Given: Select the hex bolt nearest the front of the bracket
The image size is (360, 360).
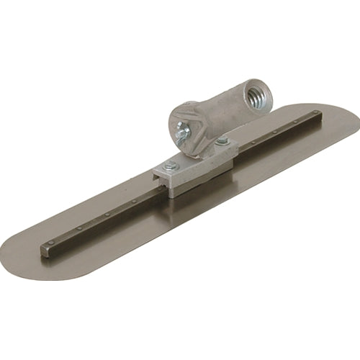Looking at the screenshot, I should click(171, 165).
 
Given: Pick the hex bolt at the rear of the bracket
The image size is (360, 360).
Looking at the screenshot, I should click(222, 141).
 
